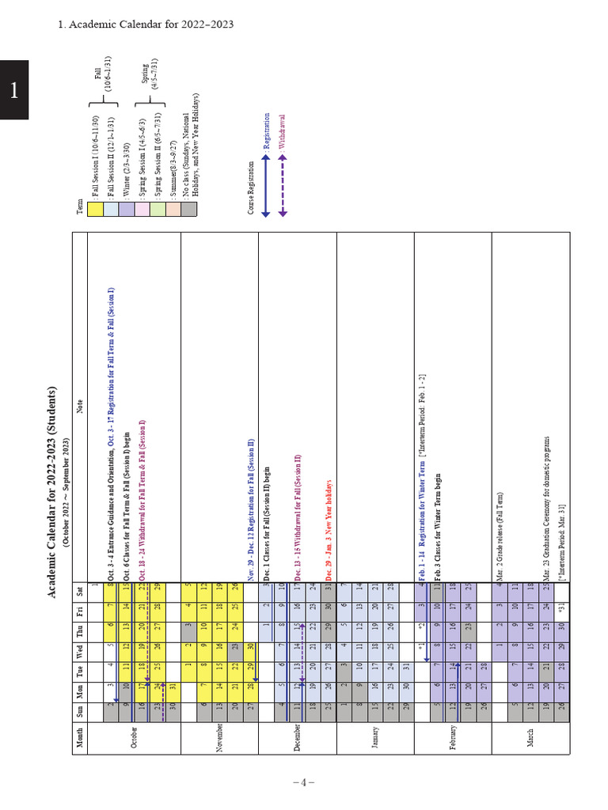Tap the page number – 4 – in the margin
(304, 782)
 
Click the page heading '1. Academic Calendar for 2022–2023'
(146, 25)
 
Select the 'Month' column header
(80, 744)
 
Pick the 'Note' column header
(80, 407)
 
